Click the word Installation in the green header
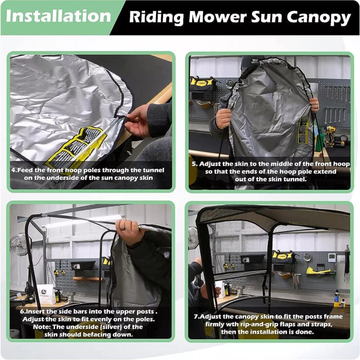[58, 17]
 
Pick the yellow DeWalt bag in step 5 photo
[202, 83]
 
